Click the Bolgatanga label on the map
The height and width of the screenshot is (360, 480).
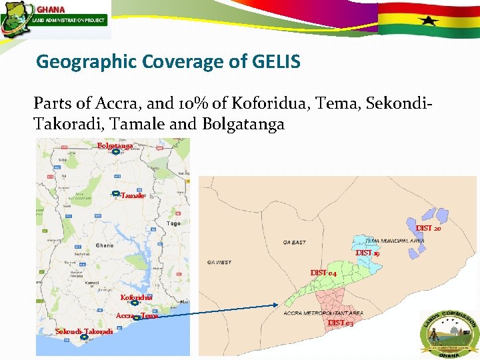click(x=115, y=145)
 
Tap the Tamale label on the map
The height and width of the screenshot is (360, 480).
click(x=133, y=195)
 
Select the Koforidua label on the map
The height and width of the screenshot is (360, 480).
click(x=136, y=297)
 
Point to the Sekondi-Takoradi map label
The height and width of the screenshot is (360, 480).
click(x=84, y=331)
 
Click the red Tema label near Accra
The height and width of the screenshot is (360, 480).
click(x=149, y=316)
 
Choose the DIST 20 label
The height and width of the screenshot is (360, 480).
click(x=428, y=228)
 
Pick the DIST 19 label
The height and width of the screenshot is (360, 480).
click(x=367, y=253)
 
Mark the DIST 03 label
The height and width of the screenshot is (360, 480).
click(x=340, y=323)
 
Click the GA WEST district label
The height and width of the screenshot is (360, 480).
click(x=219, y=262)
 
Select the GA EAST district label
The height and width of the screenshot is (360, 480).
click(x=294, y=242)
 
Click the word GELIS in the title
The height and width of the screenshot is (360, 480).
click(x=277, y=62)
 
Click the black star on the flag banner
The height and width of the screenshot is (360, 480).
click(x=428, y=20)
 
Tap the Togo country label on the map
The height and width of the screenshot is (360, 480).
click(x=174, y=223)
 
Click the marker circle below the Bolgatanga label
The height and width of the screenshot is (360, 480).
click(x=115, y=153)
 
